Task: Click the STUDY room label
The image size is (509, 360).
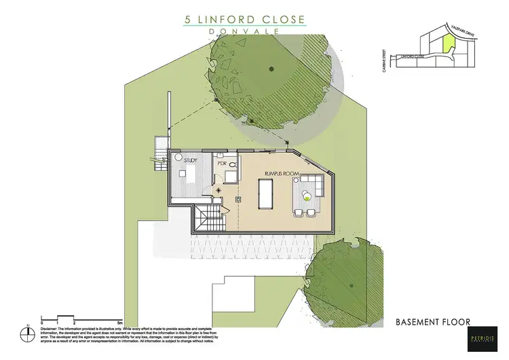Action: coord(191,160)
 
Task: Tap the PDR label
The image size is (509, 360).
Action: coord(221,164)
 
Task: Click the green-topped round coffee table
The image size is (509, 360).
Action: coord(307,198)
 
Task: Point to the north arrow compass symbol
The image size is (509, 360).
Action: coord(27,336)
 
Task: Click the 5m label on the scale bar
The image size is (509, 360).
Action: coord(119,323)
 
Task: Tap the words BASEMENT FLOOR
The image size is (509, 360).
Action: coord(432,321)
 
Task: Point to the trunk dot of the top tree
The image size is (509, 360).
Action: coord(270,68)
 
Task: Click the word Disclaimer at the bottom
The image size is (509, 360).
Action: coord(54,328)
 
